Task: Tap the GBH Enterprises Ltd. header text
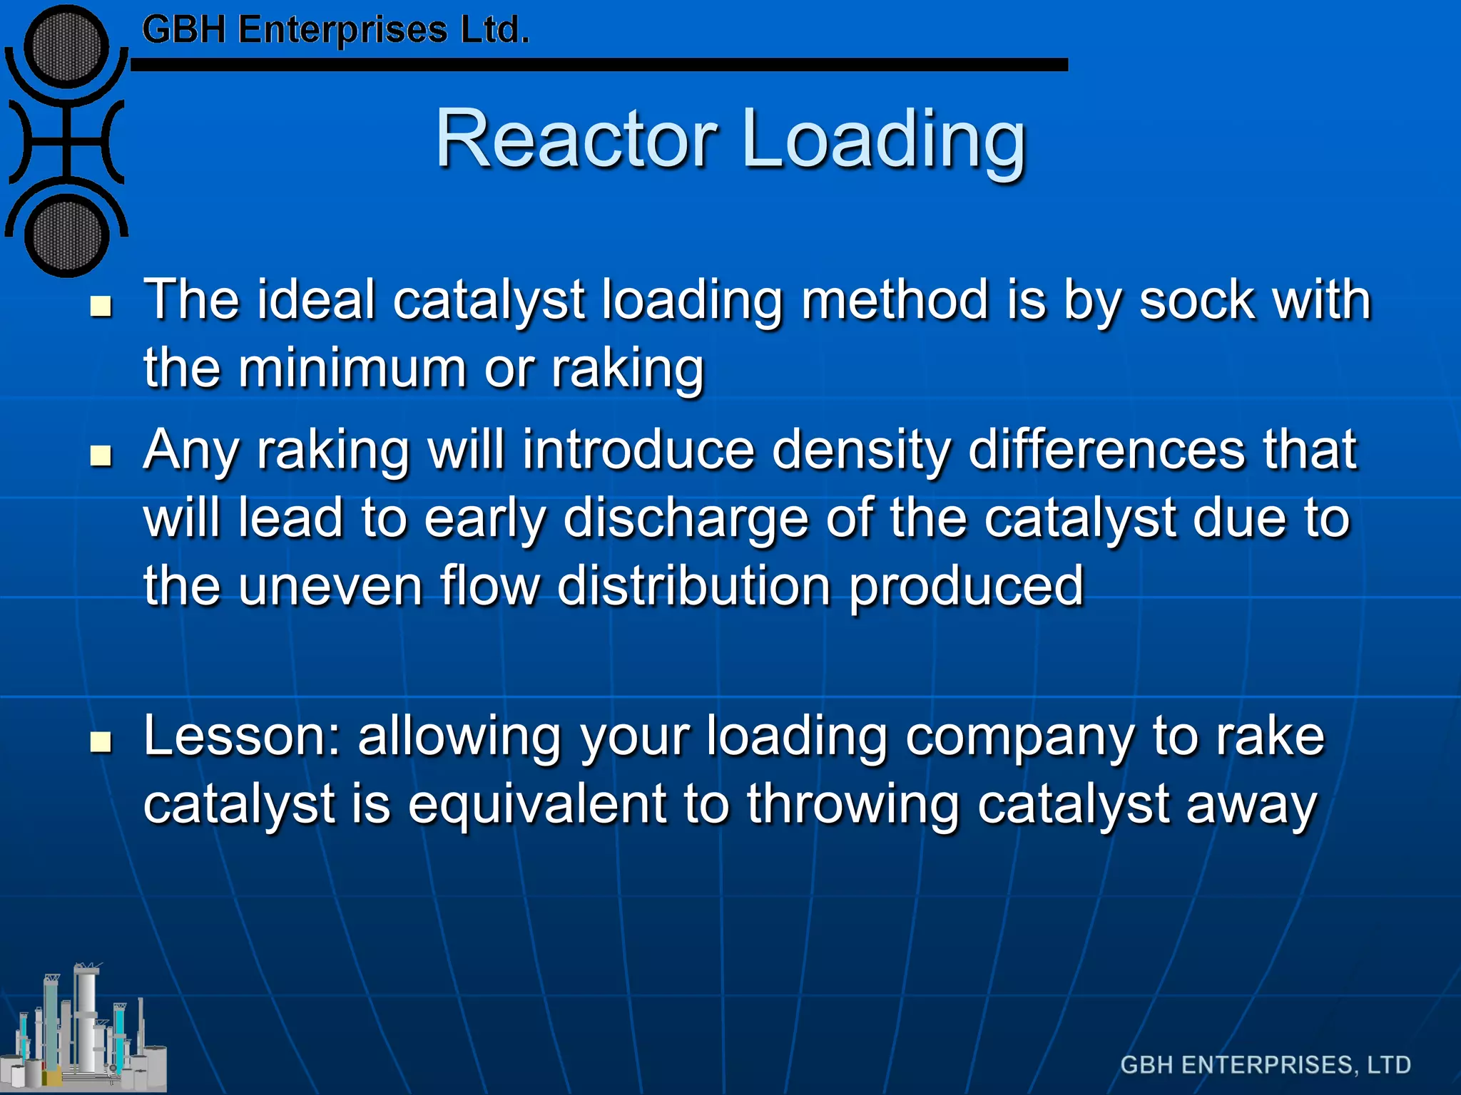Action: [x=335, y=31]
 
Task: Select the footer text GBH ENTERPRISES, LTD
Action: [x=1266, y=1065]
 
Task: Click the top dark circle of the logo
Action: [x=66, y=47]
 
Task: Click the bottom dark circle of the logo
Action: [x=66, y=235]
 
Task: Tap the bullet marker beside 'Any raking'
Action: [x=102, y=456]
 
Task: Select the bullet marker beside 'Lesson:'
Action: [x=102, y=742]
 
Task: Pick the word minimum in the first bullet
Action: [x=352, y=369]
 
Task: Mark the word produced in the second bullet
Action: [x=966, y=587]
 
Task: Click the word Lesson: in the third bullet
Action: [x=242, y=736]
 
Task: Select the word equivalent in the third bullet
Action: [x=537, y=804]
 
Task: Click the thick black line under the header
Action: [x=599, y=65]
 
